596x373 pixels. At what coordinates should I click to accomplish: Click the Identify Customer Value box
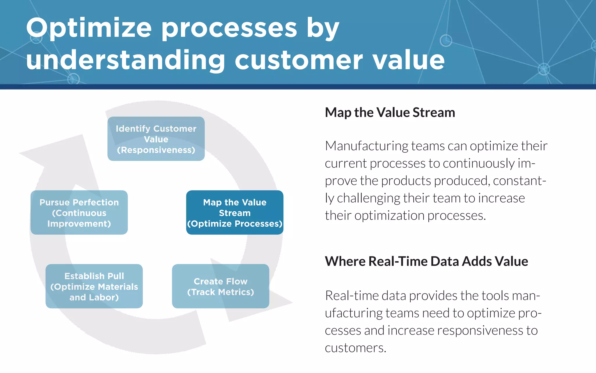[156, 139]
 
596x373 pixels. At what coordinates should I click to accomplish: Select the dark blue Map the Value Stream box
[235, 212]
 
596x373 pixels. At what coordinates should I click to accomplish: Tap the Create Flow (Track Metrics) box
[220, 286]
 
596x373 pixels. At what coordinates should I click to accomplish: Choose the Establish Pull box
[94, 286]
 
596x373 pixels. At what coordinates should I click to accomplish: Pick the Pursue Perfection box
[79, 212]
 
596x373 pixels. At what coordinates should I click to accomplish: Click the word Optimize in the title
[89, 29]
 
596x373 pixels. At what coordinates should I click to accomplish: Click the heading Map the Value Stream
[390, 112]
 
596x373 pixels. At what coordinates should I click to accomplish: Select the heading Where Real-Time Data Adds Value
[426, 261]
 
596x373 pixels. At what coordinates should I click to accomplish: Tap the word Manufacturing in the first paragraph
[366, 146]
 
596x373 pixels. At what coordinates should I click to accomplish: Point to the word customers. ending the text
[355, 348]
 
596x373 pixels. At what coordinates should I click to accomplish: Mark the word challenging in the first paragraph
[368, 198]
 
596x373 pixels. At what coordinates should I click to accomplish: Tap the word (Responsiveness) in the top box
[156, 150]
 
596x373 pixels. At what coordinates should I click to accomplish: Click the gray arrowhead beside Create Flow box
[276, 303]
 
